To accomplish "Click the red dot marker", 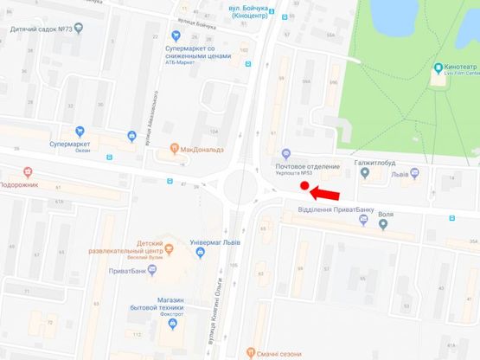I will click(304, 185).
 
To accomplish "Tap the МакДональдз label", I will click(204, 148).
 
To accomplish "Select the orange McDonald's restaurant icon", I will click(175, 148).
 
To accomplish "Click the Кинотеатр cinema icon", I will click(438, 67).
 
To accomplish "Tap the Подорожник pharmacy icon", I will click(28, 171).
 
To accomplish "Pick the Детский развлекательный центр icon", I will click(169, 249).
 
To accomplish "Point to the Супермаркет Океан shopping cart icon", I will click(131, 135).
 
